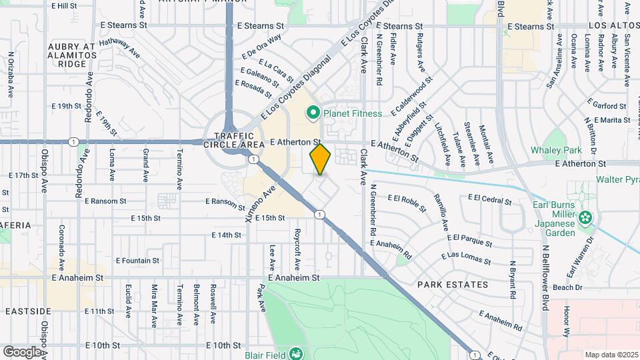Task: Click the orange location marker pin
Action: (x=320, y=159)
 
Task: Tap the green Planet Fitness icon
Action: (x=313, y=113)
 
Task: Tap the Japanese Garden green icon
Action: (x=585, y=217)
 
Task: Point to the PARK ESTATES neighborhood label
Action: (x=453, y=285)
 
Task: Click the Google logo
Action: (x=21, y=351)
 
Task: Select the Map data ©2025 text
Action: (x=611, y=355)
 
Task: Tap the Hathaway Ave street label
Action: (x=119, y=47)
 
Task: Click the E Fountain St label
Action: (x=137, y=261)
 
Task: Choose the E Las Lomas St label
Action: (x=466, y=257)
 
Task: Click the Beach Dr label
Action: (x=568, y=287)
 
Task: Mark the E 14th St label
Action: (x=226, y=235)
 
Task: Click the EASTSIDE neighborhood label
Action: (x=28, y=311)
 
